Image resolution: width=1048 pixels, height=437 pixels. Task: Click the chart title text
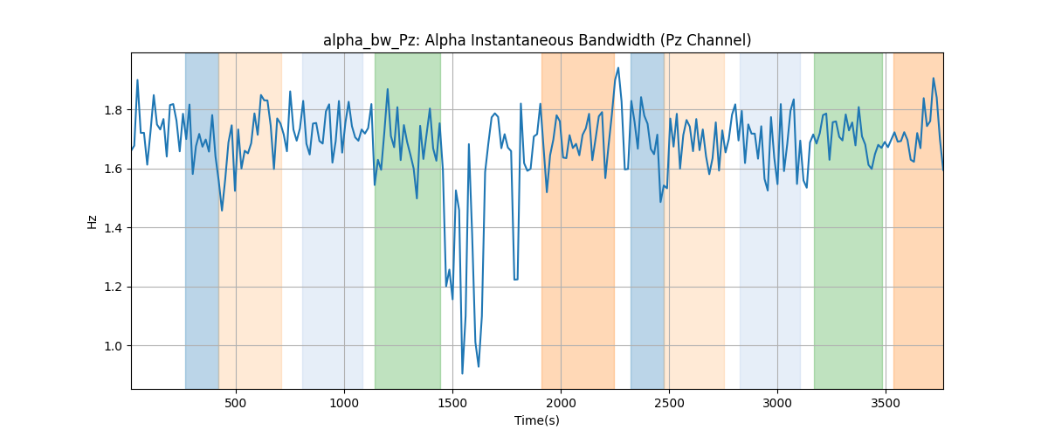(537, 40)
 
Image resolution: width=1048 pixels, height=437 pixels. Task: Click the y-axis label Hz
(93, 221)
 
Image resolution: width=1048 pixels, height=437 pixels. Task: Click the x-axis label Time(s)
(537, 420)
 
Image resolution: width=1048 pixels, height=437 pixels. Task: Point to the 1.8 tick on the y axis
(114, 110)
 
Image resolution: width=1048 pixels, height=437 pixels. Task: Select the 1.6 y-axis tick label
(114, 169)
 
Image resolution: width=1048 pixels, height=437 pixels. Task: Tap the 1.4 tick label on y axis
(114, 228)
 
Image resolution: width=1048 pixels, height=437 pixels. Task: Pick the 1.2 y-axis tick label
(114, 288)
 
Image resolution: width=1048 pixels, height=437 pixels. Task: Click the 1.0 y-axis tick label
(114, 346)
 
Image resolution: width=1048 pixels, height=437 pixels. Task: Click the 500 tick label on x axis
(236, 403)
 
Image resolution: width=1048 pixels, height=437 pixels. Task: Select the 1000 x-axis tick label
(344, 403)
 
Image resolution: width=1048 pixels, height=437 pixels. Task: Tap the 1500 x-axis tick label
(452, 403)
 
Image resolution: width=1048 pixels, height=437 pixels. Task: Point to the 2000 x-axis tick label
(561, 403)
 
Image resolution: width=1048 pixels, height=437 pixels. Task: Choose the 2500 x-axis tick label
(669, 403)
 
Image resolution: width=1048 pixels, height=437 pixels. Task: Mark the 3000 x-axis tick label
(777, 403)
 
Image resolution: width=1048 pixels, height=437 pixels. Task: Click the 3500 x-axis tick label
(886, 403)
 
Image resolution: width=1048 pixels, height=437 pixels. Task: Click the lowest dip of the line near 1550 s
(462, 373)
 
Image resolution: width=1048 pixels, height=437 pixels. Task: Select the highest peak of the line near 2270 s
(618, 68)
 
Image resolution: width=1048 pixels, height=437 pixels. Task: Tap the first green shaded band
(408, 221)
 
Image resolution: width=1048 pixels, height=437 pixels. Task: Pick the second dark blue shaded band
(647, 221)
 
